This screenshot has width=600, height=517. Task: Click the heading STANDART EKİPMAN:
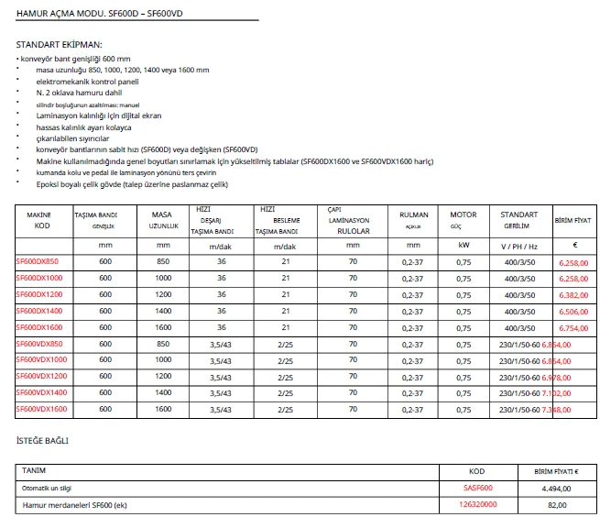(59, 44)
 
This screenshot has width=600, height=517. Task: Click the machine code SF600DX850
(37, 261)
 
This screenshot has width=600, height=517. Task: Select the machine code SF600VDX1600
(41, 408)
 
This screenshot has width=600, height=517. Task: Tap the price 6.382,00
(573, 294)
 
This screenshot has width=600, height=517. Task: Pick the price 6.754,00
(573, 327)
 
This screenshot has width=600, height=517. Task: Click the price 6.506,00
(573, 311)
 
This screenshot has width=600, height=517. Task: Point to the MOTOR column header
(463, 214)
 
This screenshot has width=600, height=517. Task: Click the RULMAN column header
(414, 214)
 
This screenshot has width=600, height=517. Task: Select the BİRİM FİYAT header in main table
(573, 221)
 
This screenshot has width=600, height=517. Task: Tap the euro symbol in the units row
(573, 246)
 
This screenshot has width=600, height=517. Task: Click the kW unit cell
(463, 246)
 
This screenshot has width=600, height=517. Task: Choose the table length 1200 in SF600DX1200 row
(163, 294)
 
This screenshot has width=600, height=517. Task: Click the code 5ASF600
(477, 488)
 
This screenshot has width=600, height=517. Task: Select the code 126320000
(477, 504)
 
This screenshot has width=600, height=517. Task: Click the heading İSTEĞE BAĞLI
(42, 441)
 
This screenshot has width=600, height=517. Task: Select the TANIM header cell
(34, 470)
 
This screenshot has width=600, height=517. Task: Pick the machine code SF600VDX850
(38, 343)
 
